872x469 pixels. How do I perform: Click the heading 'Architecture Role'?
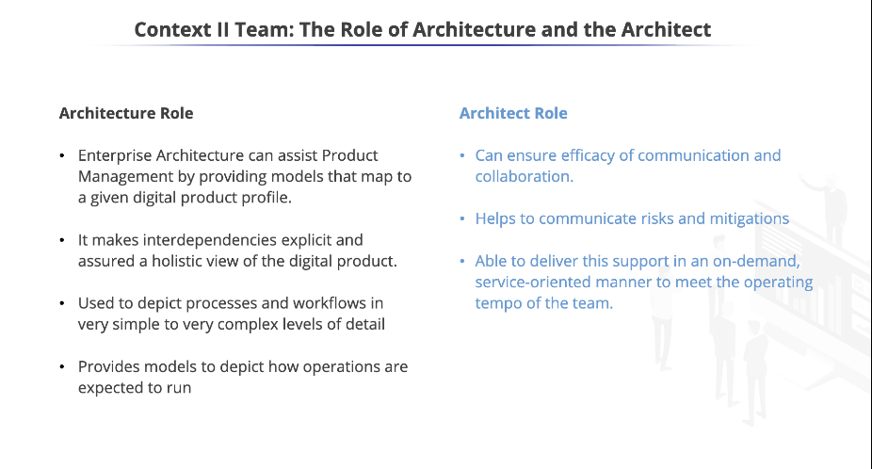click(x=126, y=113)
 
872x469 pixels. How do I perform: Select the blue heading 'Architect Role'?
click(x=513, y=113)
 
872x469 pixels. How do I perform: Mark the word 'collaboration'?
click(x=523, y=176)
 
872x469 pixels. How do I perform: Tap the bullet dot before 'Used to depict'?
click(x=61, y=303)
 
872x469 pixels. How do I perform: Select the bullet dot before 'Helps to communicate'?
click(x=462, y=218)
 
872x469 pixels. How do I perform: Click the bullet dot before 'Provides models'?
click(x=61, y=366)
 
